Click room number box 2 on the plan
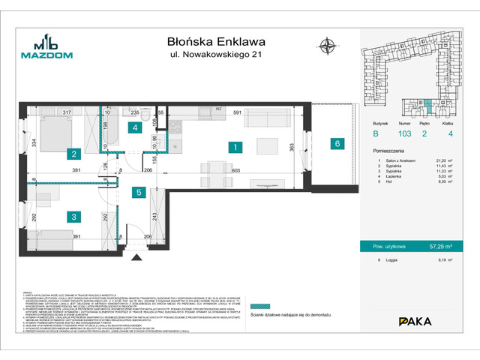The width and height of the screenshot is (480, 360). tap(73, 155)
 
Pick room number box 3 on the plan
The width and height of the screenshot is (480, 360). tap(73, 217)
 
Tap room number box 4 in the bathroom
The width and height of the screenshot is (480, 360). tap(134, 127)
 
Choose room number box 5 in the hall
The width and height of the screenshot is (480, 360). tap(139, 192)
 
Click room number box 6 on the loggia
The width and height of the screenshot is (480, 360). tap(338, 143)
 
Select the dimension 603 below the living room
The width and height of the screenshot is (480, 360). tap(235, 172)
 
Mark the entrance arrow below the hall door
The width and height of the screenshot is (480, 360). tap(137, 257)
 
